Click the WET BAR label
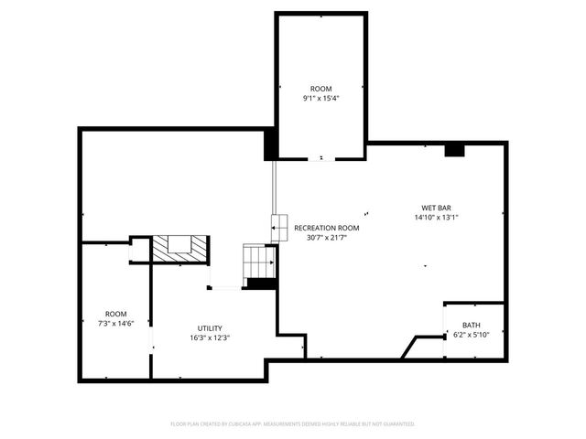point(433,208)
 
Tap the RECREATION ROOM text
point(326,228)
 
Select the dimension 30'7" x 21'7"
point(326,237)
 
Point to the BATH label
point(471,325)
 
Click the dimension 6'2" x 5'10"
point(471,335)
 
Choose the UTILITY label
point(210,328)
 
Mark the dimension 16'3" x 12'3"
point(210,338)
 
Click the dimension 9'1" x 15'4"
point(320,98)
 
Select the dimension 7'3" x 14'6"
point(115,323)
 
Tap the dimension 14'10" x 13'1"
point(433,218)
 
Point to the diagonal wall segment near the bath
point(408,347)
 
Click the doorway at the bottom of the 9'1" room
point(320,159)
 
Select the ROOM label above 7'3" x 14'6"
point(115,313)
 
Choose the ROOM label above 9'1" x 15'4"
point(320,88)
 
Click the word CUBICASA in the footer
point(239,423)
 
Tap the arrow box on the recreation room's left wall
point(278,224)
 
